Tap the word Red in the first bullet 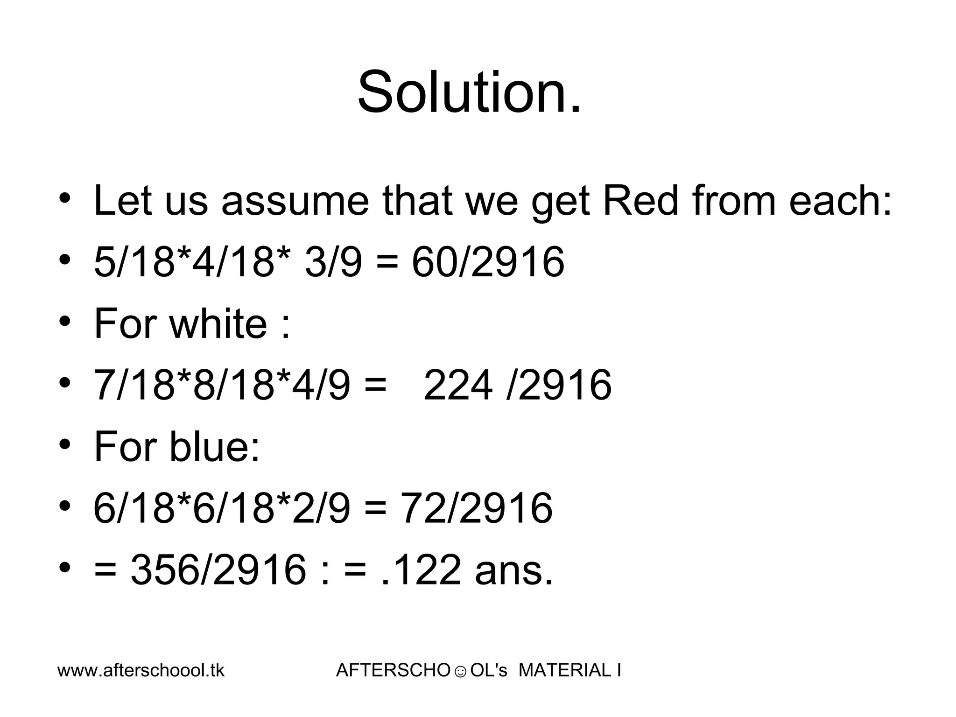coord(640,201)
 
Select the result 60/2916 coord(488,262)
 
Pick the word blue coord(214,446)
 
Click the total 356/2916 coord(218,569)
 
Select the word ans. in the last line coord(514,569)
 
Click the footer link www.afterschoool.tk coord(141,671)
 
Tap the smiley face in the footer coord(460,672)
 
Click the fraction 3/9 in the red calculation coord(333,262)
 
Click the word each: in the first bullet coord(840,201)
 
